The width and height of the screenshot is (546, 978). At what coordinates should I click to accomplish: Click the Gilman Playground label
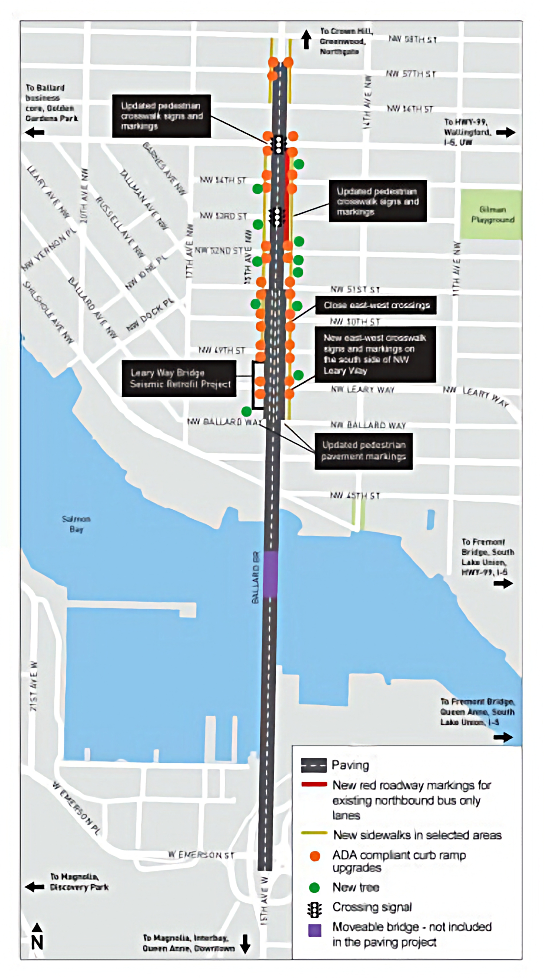coord(492,214)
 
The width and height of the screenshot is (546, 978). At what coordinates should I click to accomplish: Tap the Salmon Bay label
coord(76,524)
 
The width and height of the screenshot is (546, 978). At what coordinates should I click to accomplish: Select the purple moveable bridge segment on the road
coord(270,574)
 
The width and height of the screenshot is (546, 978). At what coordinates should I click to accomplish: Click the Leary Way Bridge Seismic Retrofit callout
coord(179,378)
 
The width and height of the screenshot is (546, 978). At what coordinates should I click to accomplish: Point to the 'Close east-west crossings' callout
coord(376,305)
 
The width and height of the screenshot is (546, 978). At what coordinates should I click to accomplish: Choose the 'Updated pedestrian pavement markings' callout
coord(364,451)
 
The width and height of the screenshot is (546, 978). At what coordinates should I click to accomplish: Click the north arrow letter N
coord(37,942)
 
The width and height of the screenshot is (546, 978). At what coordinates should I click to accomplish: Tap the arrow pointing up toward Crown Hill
coord(306,40)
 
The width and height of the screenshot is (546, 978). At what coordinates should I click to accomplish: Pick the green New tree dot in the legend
coord(314,887)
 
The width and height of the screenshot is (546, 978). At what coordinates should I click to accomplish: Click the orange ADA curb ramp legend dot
coord(315,856)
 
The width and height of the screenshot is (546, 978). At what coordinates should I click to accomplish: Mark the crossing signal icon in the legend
coord(314,909)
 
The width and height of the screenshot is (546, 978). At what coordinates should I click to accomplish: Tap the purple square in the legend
coord(315,930)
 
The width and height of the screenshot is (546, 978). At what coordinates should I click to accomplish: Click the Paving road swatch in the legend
coord(314,765)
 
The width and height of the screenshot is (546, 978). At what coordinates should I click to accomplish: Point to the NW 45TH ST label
coord(355,496)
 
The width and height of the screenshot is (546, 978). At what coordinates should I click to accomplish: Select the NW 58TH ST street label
coord(412,40)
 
